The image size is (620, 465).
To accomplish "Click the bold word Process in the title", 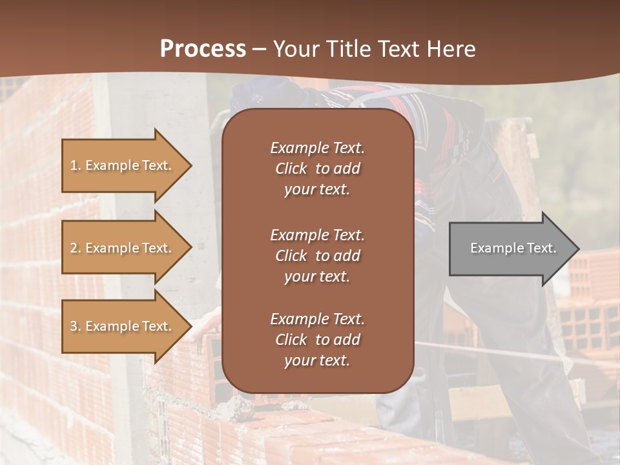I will tap(203, 49).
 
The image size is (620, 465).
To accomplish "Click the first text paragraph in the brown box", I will tap(317, 169).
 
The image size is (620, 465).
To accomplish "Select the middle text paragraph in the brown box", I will tap(317, 256).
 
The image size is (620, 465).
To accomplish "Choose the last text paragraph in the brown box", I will tap(317, 340).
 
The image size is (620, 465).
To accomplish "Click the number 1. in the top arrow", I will tap(76, 165).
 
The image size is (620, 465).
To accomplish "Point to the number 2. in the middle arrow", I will tap(76, 248).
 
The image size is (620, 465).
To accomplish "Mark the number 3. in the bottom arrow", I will tap(76, 326).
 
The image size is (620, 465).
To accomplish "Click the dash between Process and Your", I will tap(259, 50).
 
